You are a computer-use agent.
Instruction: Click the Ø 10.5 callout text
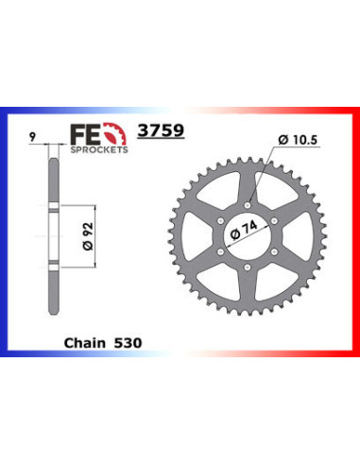[308, 142]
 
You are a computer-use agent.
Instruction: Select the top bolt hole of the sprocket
[248, 201]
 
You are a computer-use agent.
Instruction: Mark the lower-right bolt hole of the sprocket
[277, 251]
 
